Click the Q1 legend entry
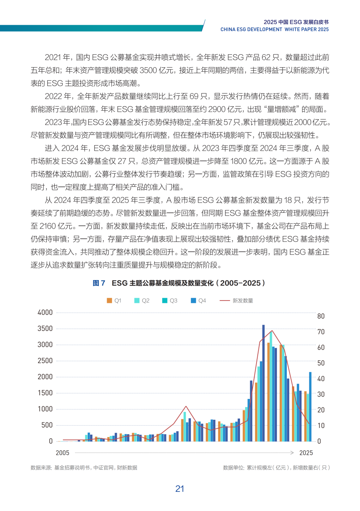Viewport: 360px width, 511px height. [x=114, y=301]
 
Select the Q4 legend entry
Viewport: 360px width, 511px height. [x=198, y=301]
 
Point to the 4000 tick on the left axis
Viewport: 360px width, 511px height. [x=45, y=312]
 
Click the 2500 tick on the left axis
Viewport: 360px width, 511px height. [x=45, y=361]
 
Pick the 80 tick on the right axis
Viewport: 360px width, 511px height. [x=321, y=316]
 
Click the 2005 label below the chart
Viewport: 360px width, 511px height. [x=63, y=453]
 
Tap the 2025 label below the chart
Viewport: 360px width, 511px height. [x=306, y=453]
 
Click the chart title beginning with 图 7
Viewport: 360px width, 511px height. [x=179, y=283]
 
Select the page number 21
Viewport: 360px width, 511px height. [x=180, y=489]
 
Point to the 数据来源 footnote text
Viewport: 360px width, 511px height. [x=84, y=468]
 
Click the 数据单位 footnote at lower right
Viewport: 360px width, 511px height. [x=276, y=468]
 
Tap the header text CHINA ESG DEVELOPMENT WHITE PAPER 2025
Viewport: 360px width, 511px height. [x=274, y=29]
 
